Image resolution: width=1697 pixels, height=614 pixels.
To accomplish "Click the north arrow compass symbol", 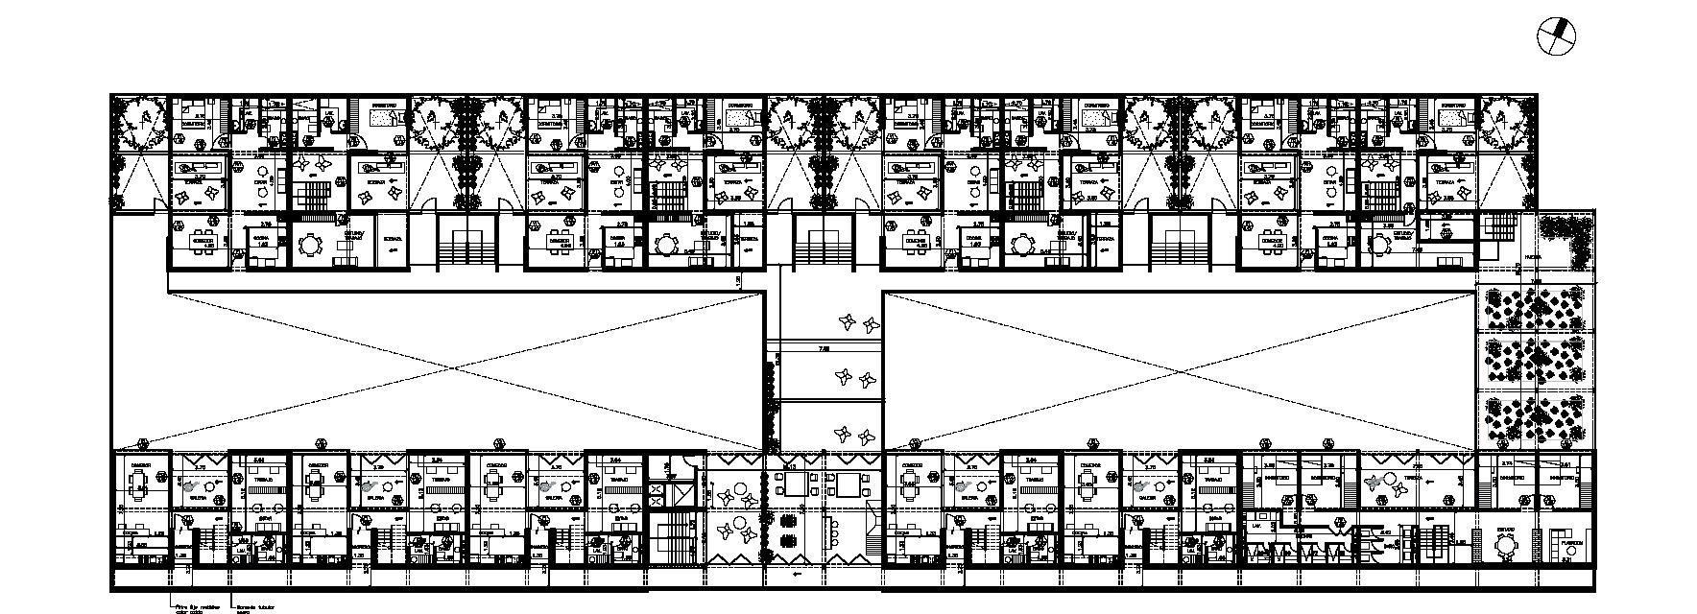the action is click(1556, 37).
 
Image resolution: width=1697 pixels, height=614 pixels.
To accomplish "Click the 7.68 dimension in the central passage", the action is click(824, 349).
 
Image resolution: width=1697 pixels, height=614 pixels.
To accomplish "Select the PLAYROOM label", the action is click(1570, 541).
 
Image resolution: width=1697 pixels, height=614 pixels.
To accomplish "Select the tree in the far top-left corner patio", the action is click(140, 123).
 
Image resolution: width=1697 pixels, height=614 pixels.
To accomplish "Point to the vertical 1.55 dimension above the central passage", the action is click(738, 280).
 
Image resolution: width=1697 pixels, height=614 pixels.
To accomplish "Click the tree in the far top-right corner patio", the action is click(1508, 123).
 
